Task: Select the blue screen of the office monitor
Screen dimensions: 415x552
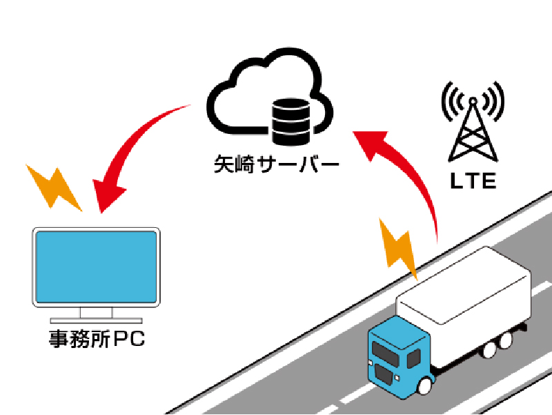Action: pos(96,265)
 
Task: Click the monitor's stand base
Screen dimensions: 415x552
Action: pos(97,320)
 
